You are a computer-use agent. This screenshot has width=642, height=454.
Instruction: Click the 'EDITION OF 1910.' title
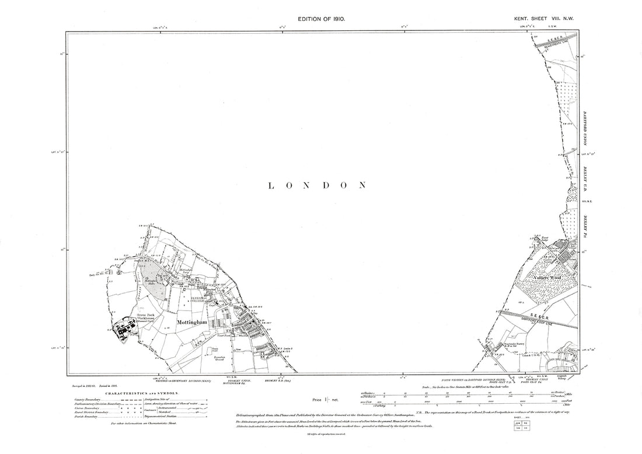tap(322, 19)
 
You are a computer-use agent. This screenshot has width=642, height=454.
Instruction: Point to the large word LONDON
tap(317, 186)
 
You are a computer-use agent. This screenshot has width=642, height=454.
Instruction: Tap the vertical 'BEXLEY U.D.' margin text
tap(585, 182)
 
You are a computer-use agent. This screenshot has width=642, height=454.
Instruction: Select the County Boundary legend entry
tap(92, 399)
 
